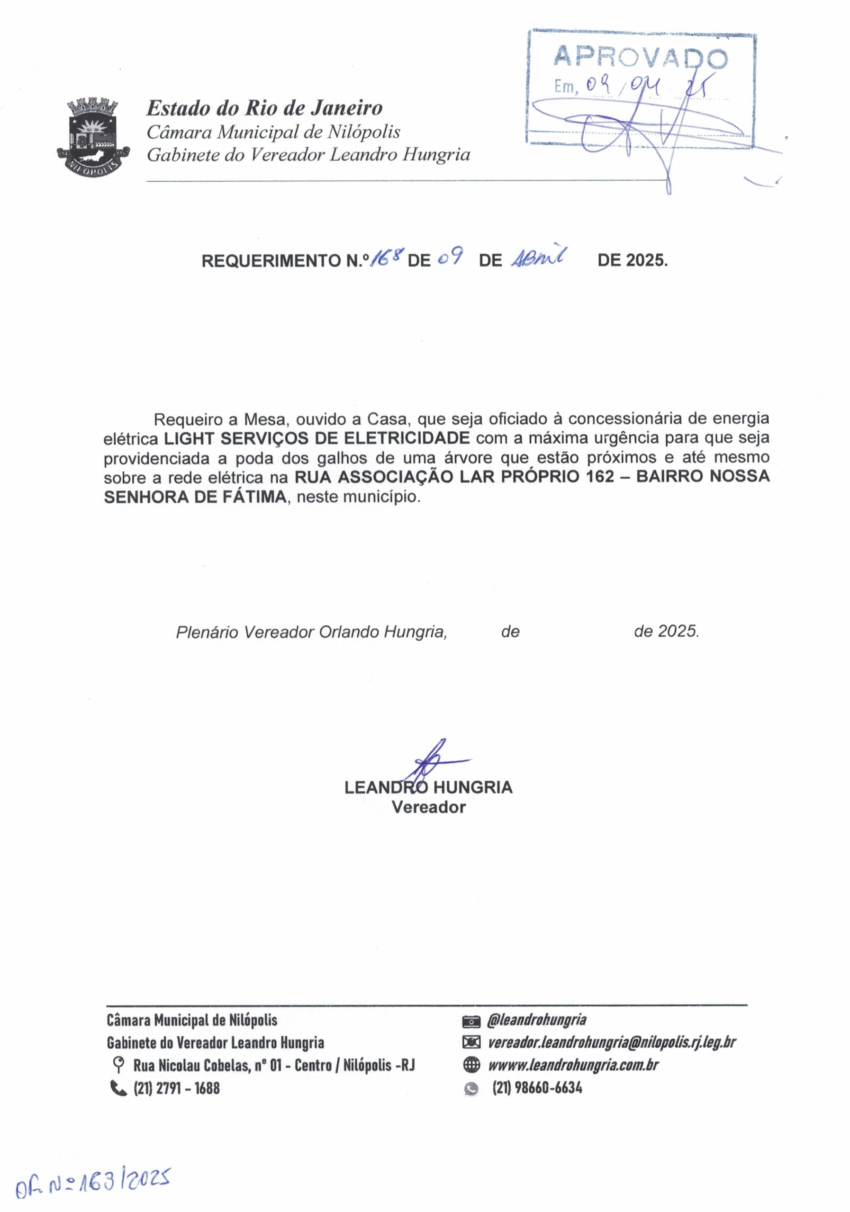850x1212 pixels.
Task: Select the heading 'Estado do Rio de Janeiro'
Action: [264, 108]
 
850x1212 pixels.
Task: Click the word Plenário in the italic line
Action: [207, 632]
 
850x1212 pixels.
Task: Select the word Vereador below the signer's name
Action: [428, 807]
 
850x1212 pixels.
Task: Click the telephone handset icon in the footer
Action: [118, 1087]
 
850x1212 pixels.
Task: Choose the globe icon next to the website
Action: [470, 1065]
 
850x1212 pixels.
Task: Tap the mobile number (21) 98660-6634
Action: [537, 1087]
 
